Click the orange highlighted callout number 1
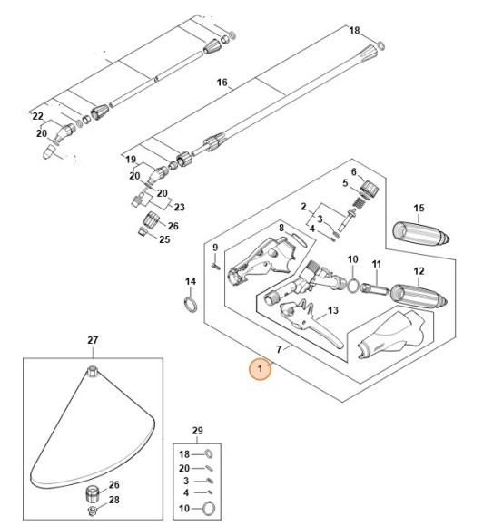point(261,369)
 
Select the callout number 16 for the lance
point(222,83)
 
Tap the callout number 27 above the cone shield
point(92,340)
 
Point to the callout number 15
point(419,209)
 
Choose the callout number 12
point(419,271)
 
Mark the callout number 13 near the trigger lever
point(332,310)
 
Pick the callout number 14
point(190,281)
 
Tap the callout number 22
point(37,116)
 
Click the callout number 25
point(164,239)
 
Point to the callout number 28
point(114,500)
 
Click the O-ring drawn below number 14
point(190,303)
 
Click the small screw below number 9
point(215,266)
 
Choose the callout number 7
point(281,348)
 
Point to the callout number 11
point(377,264)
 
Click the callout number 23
point(178,207)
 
